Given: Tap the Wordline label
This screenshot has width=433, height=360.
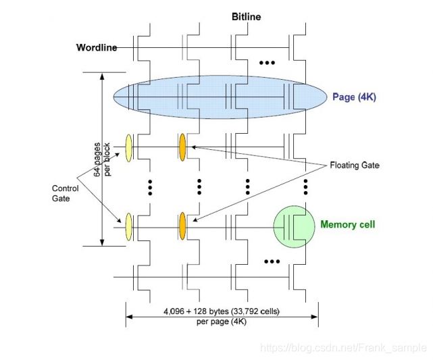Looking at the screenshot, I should click(96, 48).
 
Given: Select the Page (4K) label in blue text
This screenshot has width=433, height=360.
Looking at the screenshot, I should click(354, 97).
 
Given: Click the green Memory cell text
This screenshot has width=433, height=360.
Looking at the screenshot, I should click(347, 225).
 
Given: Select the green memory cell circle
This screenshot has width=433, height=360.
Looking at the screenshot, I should click(295, 226).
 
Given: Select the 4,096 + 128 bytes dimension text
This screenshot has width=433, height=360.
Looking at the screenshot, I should click(221, 312).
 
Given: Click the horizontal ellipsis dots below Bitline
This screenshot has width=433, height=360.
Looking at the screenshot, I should click(268, 63).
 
